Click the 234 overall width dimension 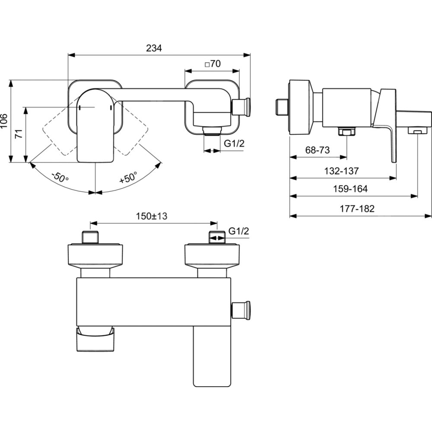(x=153, y=48)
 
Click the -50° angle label (x=60, y=177)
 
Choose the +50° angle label (x=128, y=177)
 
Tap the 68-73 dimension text (x=318, y=150)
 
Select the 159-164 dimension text (x=350, y=189)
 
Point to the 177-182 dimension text (x=357, y=209)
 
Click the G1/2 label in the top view (x=234, y=144)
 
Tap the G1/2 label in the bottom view (x=239, y=231)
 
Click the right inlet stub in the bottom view (x=217, y=238)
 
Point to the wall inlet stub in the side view (x=282, y=106)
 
